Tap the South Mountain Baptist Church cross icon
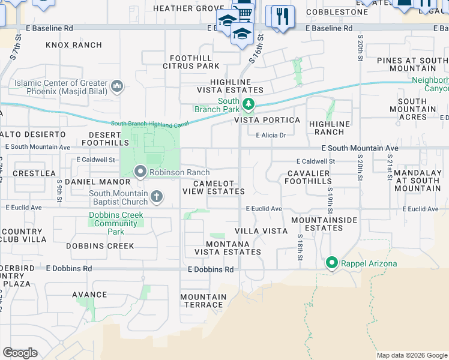[156, 196]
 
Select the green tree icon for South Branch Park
[248, 106]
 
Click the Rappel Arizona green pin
[331, 262]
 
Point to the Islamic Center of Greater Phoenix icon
[117, 87]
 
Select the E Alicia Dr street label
[271, 135]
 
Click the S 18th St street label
[300, 247]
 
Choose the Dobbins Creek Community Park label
[116, 223]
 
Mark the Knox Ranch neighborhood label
[74, 45]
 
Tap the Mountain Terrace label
[203, 301]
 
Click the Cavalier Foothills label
[310, 178]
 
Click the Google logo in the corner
[20, 353]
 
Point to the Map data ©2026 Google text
[411, 355]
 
